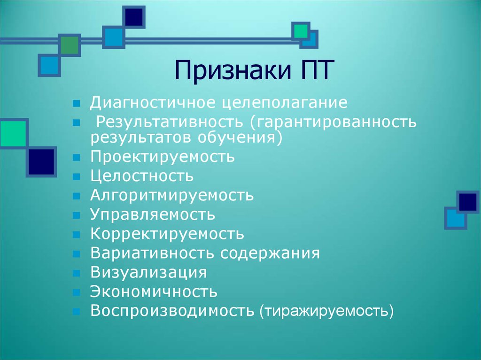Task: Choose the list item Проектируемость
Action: pyautogui.click(x=163, y=157)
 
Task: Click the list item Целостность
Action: pyautogui.click(x=142, y=176)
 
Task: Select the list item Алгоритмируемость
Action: pyautogui.click(x=172, y=195)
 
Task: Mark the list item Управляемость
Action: pyautogui.click(x=153, y=215)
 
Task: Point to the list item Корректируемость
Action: pyautogui.click(x=167, y=234)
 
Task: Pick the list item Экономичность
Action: pyautogui.click(x=154, y=292)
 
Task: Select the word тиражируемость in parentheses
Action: pyautogui.click(x=326, y=311)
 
